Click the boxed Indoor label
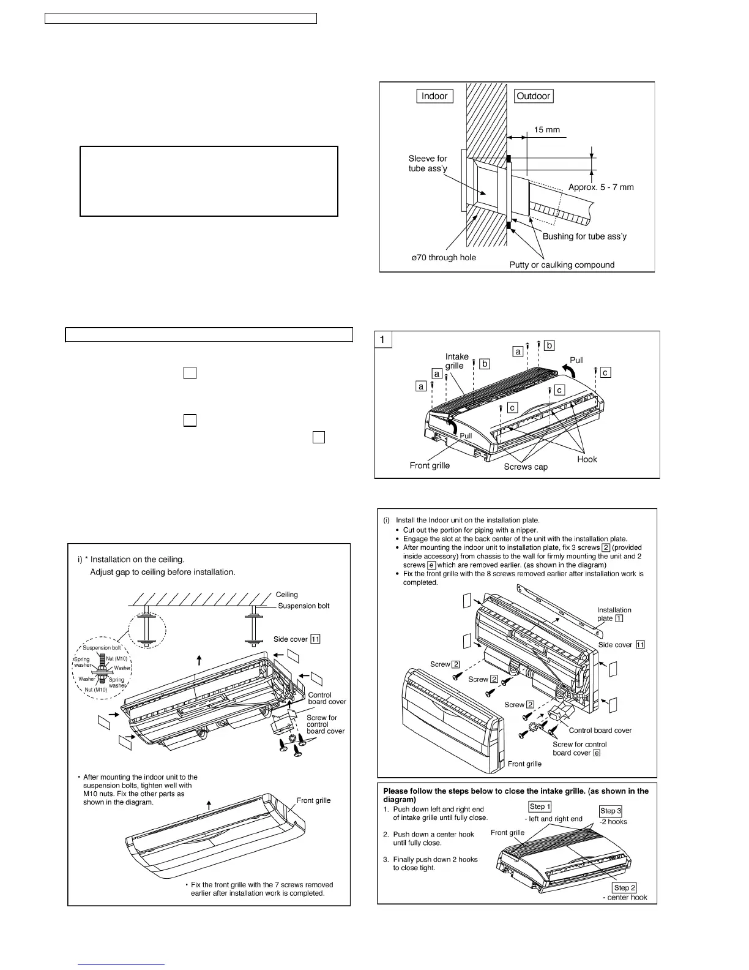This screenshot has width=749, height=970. (x=434, y=96)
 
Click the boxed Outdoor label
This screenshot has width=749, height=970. (x=534, y=96)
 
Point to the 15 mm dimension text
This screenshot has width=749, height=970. (x=546, y=130)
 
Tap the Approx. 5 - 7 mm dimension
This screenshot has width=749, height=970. (x=601, y=187)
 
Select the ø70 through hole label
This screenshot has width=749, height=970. (x=444, y=258)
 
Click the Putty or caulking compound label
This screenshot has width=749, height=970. (x=562, y=265)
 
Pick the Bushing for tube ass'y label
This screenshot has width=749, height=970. (x=584, y=236)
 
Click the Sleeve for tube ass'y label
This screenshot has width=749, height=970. (x=428, y=164)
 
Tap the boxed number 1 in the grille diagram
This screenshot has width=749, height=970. (x=382, y=339)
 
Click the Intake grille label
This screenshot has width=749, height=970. (x=456, y=361)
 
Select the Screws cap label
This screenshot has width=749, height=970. (x=526, y=467)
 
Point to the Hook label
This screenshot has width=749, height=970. (x=587, y=459)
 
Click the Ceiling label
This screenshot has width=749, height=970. (x=286, y=595)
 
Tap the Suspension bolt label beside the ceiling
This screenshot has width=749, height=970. (x=304, y=606)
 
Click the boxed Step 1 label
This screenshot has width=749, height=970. (x=540, y=807)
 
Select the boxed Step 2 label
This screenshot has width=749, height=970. (x=624, y=888)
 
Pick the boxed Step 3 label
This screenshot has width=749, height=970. (x=610, y=811)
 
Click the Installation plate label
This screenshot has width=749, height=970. (x=614, y=614)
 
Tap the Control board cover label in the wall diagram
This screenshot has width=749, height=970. (x=600, y=731)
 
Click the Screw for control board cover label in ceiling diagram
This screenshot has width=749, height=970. (x=326, y=724)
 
